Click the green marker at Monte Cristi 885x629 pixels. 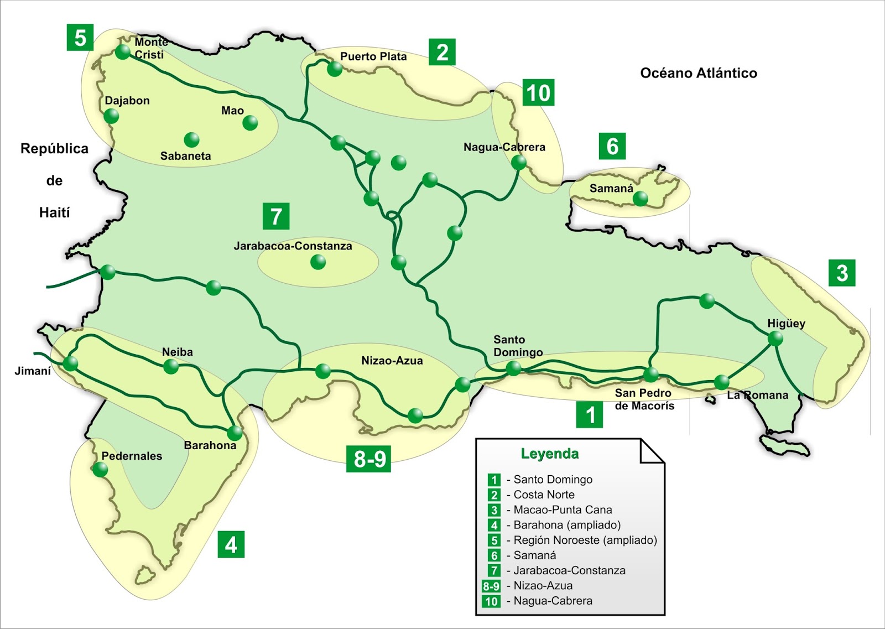pyautogui.click(x=123, y=52)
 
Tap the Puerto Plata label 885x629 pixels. pyautogui.click(x=373, y=56)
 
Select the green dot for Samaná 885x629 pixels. pyautogui.click(x=641, y=198)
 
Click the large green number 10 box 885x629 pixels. pyautogui.click(x=538, y=93)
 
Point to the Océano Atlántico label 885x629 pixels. pyautogui.click(x=698, y=73)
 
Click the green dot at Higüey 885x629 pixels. pyautogui.click(x=775, y=339)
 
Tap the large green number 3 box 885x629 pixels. pyautogui.click(x=842, y=273)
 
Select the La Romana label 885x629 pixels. pyautogui.click(x=757, y=395)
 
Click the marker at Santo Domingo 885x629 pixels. pyautogui.click(x=513, y=368)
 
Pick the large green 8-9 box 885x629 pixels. pyautogui.click(x=369, y=459)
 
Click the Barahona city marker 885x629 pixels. pyautogui.click(x=235, y=433)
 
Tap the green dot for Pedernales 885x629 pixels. pyautogui.click(x=100, y=470)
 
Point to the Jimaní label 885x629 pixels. pyautogui.click(x=33, y=371)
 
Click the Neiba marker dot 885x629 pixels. pyautogui.click(x=171, y=366)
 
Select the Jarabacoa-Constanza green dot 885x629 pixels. pyautogui.click(x=318, y=262)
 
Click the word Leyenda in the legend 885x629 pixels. pyautogui.click(x=549, y=454)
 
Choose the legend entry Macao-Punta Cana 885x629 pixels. pyautogui.click(x=563, y=510)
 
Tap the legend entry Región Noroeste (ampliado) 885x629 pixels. pyautogui.click(x=585, y=540)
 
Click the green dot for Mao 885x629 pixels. pyautogui.click(x=250, y=123)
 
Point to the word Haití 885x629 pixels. pyautogui.click(x=54, y=212)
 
